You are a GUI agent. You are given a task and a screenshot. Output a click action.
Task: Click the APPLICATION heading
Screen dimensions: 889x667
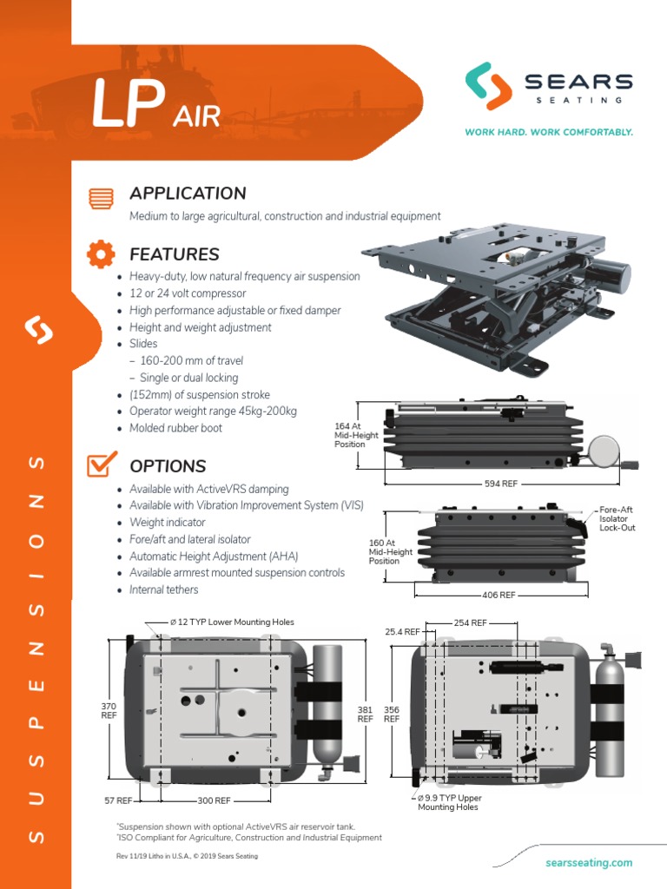[188, 194]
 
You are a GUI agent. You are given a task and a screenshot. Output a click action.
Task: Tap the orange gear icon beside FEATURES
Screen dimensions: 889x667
[101, 254]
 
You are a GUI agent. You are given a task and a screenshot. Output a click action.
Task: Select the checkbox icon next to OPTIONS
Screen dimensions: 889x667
[101, 465]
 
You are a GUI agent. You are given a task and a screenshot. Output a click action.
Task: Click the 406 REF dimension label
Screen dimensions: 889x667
[498, 595]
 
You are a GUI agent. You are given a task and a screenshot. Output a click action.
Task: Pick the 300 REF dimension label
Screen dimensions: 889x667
[213, 800]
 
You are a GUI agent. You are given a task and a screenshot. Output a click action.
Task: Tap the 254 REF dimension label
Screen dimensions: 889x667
[471, 623]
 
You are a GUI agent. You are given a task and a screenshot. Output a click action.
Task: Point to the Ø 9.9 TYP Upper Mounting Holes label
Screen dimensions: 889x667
[449, 802]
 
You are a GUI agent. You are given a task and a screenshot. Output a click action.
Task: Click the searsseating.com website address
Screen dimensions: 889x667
[589, 862]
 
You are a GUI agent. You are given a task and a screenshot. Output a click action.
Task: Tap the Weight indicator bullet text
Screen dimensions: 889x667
[168, 522]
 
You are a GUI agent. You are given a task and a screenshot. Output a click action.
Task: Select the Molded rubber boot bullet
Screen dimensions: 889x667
[175, 428]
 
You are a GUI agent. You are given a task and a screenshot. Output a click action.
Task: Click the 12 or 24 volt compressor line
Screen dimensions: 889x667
[188, 293]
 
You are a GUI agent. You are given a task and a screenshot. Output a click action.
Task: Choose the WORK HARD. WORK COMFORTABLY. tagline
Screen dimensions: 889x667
[549, 133]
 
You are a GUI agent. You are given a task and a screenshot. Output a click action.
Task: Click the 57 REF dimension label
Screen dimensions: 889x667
[118, 800]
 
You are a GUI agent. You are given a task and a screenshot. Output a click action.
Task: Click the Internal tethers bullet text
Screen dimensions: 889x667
[163, 589]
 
